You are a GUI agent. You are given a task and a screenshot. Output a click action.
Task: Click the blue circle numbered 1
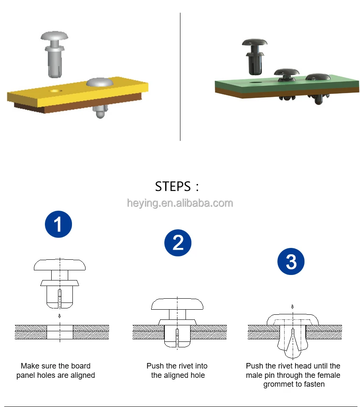pyautogui.click(x=58, y=224)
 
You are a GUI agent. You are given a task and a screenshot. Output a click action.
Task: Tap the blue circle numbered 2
pyautogui.click(x=178, y=243)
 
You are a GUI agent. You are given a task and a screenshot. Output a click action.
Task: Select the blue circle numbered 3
pyautogui.click(x=291, y=261)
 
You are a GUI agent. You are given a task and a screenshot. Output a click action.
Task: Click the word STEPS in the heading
pyautogui.click(x=173, y=187)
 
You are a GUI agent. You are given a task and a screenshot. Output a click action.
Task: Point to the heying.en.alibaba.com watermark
pyautogui.click(x=180, y=203)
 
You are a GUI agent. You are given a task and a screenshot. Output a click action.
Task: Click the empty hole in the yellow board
pyautogui.click(x=56, y=91)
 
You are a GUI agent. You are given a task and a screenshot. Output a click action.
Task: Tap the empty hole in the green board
pyautogui.click(x=256, y=82)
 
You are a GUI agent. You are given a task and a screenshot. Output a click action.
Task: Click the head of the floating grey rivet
pyautogui.click(x=54, y=36)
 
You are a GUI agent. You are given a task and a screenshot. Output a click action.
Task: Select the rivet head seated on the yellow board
pyautogui.click(x=100, y=82)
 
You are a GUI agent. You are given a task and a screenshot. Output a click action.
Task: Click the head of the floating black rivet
pyautogui.click(x=255, y=43)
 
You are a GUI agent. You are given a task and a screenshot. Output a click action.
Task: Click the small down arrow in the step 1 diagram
pyautogui.click(x=60, y=316)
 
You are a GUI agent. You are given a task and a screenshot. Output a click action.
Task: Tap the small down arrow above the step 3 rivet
pyautogui.click(x=292, y=307)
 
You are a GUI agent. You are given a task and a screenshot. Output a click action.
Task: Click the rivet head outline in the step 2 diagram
pyautogui.click(x=177, y=304)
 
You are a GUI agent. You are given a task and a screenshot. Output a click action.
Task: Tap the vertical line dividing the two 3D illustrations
pyautogui.click(x=180, y=77)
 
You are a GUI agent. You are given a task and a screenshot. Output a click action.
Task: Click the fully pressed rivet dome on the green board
pyautogui.click(x=318, y=77)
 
